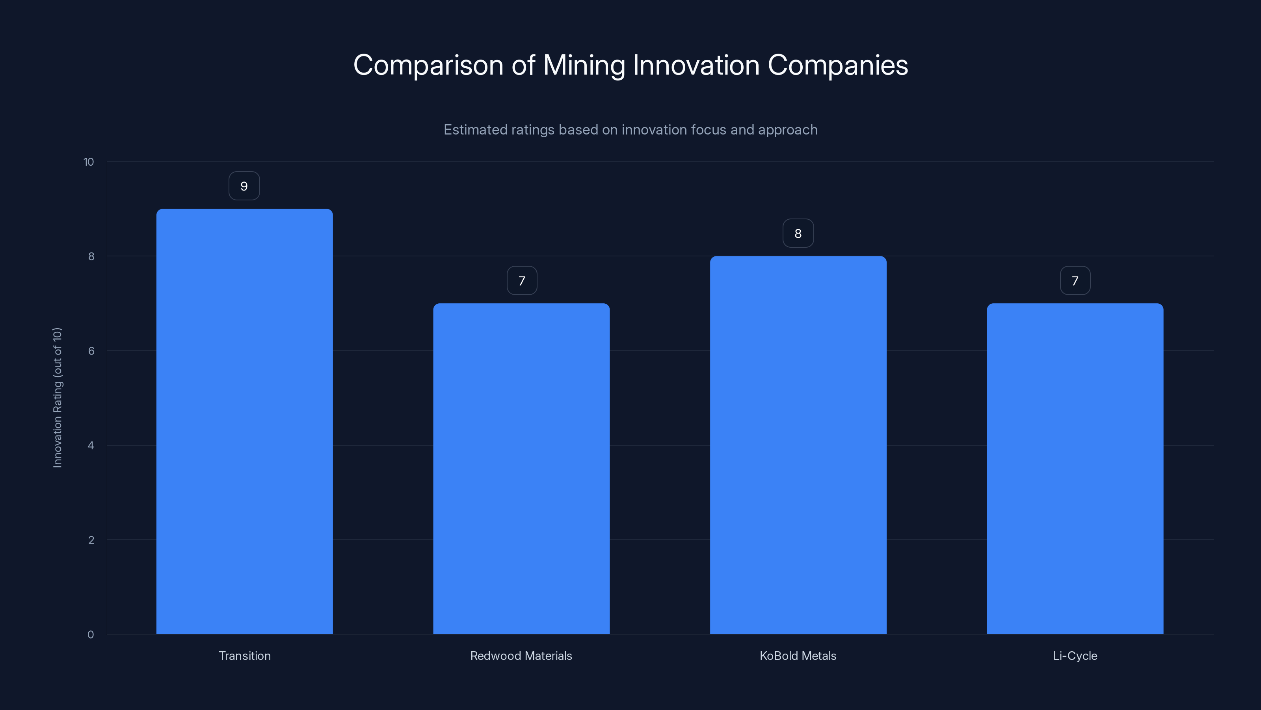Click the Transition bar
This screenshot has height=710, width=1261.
pyautogui.click(x=244, y=421)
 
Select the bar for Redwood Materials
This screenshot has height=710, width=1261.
pyautogui.click(x=521, y=469)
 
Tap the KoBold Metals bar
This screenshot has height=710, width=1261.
pyautogui.click(x=798, y=445)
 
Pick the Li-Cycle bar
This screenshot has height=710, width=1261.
pyautogui.click(x=1075, y=469)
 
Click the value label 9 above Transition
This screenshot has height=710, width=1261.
pyautogui.click(x=244, y=186)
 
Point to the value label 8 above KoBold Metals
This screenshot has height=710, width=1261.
pyautogui.click(x=798, y=233)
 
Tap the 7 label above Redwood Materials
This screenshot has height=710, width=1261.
pyautogui.click(x=522, y=281)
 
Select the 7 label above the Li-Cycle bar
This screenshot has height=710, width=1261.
pyautogui.click(x=1075, y=281)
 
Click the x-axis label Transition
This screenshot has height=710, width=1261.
pyautogui.click(x=244, y=656)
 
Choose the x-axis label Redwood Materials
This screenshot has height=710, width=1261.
pyautogui.click(x=521, y=656)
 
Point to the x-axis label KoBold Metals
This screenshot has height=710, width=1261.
pyautogui.click(x=798, y=656)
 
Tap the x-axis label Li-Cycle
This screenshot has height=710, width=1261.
pyautogui.click(x=1075, y=656)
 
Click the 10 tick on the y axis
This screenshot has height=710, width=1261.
pyautogui.click(x=89, y=162)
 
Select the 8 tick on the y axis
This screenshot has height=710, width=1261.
pyautogui.click(x=91, y=256)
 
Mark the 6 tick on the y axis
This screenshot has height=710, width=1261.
pyautogui.click(x=91, y=351)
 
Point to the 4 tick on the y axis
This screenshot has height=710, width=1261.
pyautogui.click(x=91, y=445)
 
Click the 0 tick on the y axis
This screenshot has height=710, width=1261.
pyautogui.click(x=91, y=635)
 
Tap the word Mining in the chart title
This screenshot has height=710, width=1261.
pyautogui.click(x=584, y=65)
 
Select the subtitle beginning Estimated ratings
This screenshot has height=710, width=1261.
pyautogui.click(x=630, y=130)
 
